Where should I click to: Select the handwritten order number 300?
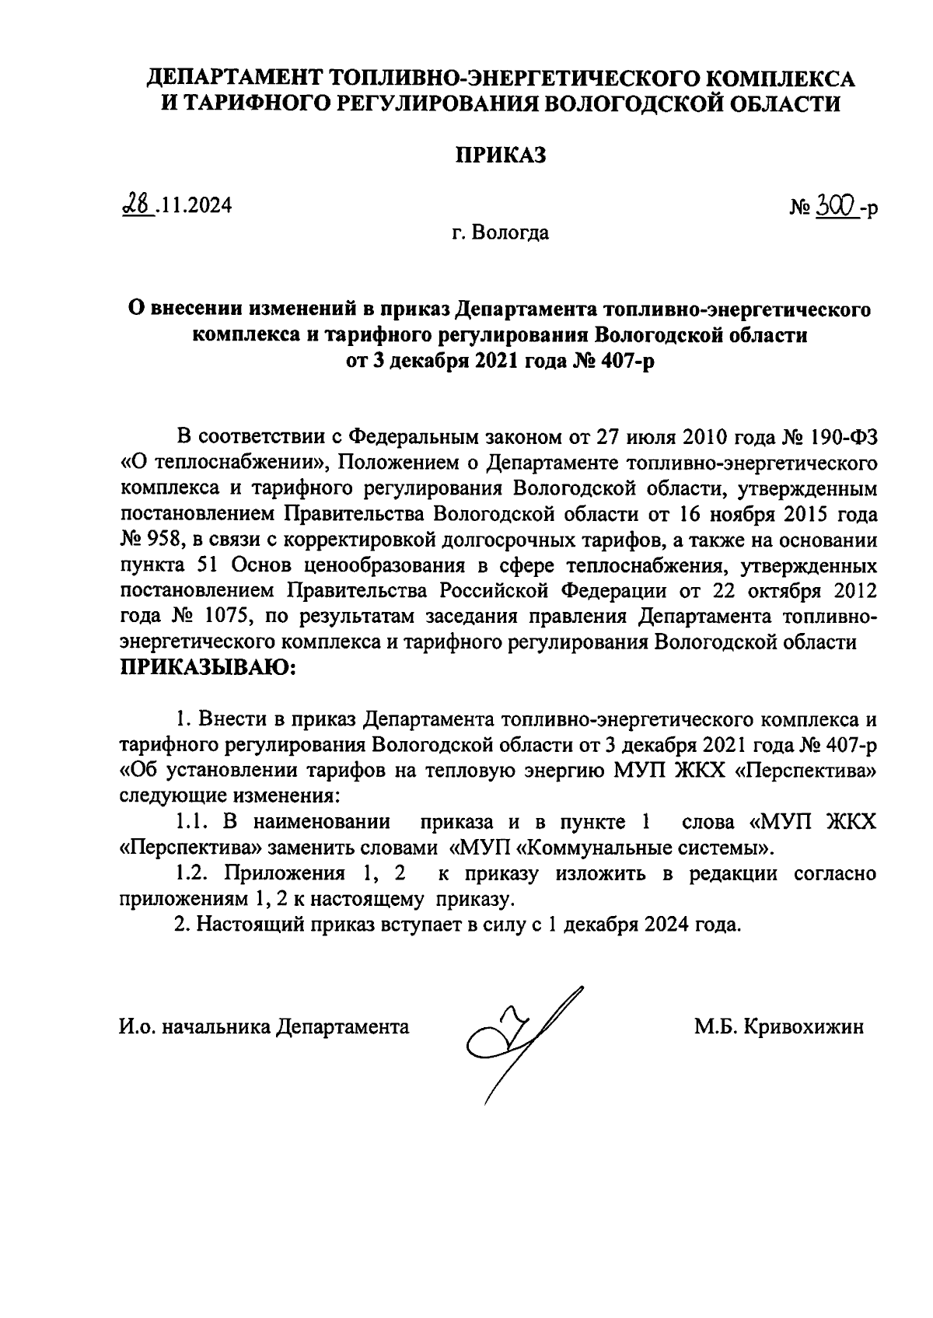[x=837, y=205]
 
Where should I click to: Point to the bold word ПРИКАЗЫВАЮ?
[x=208, y=666]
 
